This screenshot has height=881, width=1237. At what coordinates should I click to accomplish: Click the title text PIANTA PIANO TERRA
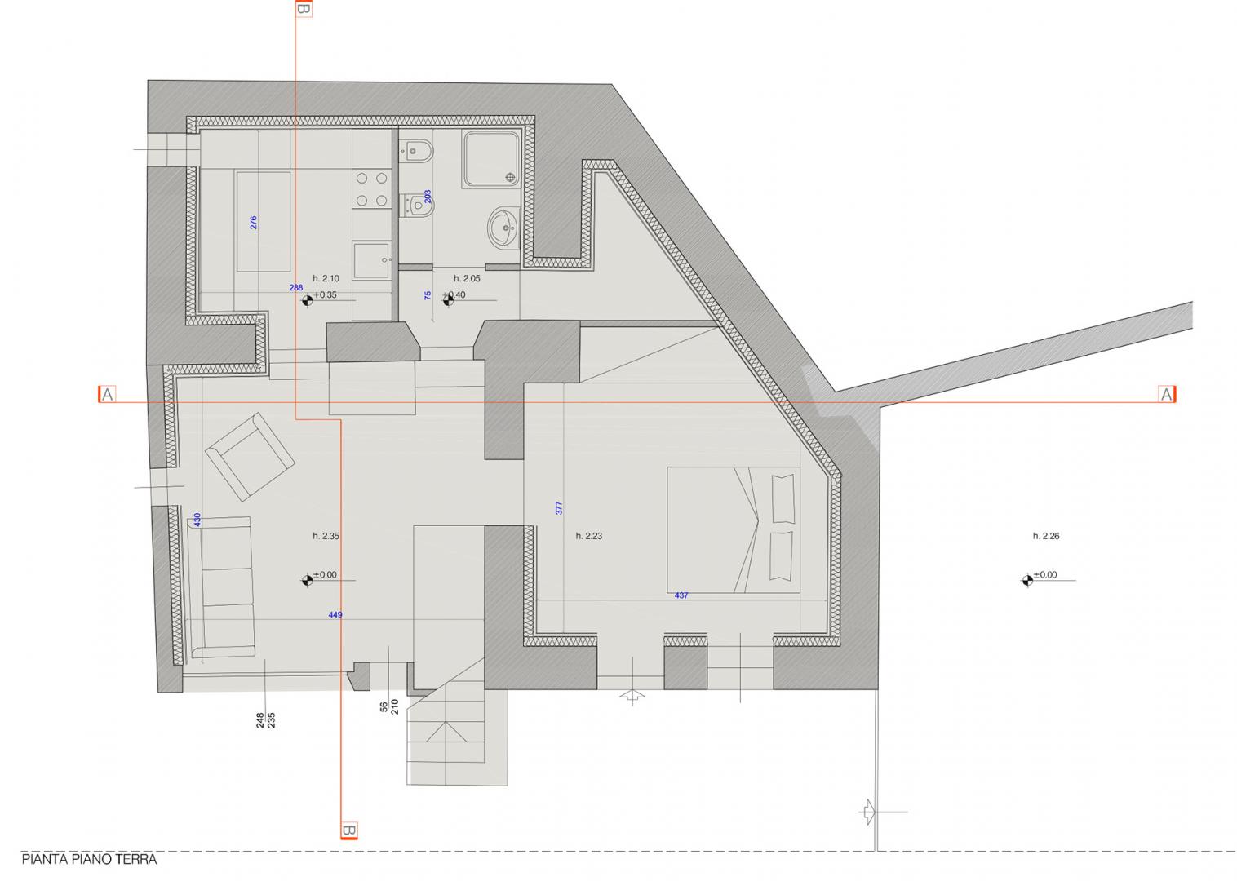(x=89, y=860)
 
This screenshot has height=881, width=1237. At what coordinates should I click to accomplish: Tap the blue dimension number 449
(x=335, y=615)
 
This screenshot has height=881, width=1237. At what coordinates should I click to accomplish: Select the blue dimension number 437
(x=681, y=595)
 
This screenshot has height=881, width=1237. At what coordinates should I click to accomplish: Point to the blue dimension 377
(x=559, y=508)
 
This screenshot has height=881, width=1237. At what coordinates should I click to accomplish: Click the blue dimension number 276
(x=254, y=223)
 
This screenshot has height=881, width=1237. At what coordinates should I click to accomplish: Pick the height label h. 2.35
(x=326, y=536)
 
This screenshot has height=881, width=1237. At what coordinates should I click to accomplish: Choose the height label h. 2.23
(x=588, y=536)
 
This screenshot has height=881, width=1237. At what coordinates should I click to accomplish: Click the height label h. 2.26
(x=1046, y=536)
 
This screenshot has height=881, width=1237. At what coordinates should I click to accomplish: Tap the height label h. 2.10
(x=326, y=279)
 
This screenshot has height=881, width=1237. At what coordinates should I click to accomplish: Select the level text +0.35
(x=326, y=294)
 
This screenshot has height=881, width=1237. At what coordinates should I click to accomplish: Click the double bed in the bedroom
(x=734, y=530)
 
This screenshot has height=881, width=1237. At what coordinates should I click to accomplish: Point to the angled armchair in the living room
(x=250, y=456)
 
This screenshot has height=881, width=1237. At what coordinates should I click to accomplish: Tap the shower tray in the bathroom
(x=491, y=158)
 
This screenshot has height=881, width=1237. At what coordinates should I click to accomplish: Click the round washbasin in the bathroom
(x=503, y=226)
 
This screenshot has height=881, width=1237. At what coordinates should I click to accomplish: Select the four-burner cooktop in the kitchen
(x=371, y=189)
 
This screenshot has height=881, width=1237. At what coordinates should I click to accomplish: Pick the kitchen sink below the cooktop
(x=371, y=261)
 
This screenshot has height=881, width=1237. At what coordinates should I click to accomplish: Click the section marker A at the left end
(x=107, y=394)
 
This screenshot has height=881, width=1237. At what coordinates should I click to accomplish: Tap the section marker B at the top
(x=304, y=8)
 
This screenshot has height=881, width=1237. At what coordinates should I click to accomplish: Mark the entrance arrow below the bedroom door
(x=633, y=697)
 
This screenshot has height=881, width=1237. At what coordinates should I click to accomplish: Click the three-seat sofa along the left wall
(x=222, y=587)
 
